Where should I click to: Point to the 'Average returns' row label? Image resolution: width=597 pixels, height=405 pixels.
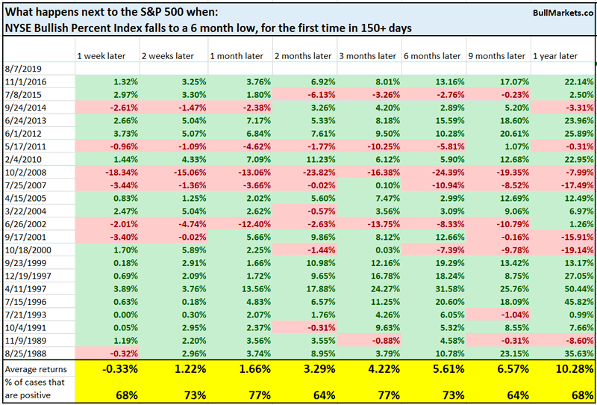click(37, 368)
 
